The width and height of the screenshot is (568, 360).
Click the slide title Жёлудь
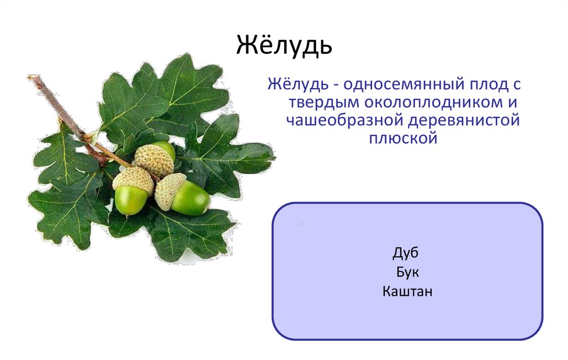[x=285, y=45]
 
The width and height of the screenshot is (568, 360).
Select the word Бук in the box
[x=407, y=272]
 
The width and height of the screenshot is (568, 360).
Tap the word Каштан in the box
[x=407, y=291]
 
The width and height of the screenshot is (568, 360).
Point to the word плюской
[x=403, y=137]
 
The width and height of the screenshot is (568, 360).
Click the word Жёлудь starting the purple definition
[x=298, y=85]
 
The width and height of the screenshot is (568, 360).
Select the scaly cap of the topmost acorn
[x=153, y=160]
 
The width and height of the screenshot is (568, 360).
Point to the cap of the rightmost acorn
[x=170, y=191]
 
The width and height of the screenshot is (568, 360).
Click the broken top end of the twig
[x=31, y=78]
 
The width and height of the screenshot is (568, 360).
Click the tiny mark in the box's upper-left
[x=301, y=225]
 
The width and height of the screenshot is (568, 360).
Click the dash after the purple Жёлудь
[x=336, y=87]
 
